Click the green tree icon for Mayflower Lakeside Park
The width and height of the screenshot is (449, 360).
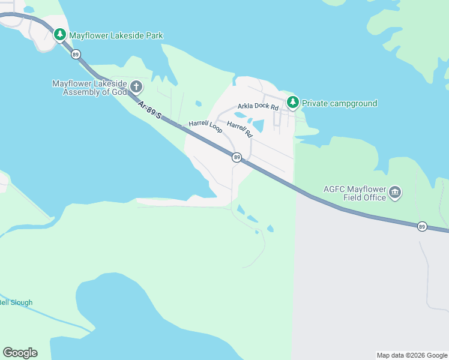tap(60, 35)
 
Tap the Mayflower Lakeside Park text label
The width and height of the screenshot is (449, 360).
tap(116, 35)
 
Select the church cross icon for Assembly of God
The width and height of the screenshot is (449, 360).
tap(136, 87)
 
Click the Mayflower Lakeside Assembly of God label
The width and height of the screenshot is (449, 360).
tap(89, 88)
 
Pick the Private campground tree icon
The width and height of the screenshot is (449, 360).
tap(292, 103)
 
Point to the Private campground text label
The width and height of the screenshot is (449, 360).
tap(339, 103)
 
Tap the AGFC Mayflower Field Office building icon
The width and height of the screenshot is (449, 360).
tap(395, 192)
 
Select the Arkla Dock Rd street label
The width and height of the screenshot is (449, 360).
tap(258, 106)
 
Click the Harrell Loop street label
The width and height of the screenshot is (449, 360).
tap(205, 126)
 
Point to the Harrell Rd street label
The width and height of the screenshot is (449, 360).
tap(240, 130)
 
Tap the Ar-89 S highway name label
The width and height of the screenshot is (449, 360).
tap(149, 110)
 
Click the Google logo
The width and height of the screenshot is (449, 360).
tap(20, 353)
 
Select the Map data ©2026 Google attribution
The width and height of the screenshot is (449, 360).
tap(412, 355)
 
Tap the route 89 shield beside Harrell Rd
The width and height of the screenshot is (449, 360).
tap(237, 157)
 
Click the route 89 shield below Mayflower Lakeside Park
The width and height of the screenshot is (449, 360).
tap(75, 54)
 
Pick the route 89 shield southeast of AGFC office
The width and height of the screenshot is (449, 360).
tap(422, 226)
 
